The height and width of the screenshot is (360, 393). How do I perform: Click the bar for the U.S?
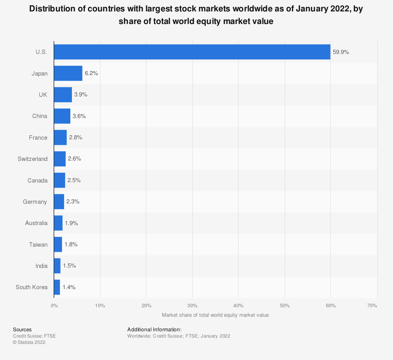point(192,52)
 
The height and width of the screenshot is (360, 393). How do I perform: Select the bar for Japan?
point(68,73)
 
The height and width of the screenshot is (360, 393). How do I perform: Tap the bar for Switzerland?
point(60,159)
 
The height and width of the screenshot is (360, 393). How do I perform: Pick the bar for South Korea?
point(57,287)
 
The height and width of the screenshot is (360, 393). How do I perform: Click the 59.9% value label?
point(341,52)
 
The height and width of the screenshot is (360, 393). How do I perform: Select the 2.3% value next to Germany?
point(73,202)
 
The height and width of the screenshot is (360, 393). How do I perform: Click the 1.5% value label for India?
point(69,266)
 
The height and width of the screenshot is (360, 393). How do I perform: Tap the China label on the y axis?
point(40,116)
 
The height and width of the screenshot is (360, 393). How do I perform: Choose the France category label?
point(38,138)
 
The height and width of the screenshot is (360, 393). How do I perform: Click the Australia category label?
point(36,223)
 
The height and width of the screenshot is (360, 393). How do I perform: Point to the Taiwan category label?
point(38,245)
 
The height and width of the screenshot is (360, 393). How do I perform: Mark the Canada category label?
point(37,181)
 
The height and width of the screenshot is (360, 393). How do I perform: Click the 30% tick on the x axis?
point(193,306)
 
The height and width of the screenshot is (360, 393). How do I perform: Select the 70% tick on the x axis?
point(372,306)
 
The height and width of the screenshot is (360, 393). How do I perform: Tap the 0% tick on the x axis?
point(54,306)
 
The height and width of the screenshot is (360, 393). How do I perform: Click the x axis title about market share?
point(215,315)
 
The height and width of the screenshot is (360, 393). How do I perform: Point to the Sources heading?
point(22,330)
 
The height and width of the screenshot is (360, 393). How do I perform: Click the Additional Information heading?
point(154,330)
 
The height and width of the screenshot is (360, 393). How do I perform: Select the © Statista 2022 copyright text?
point(29,342)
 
